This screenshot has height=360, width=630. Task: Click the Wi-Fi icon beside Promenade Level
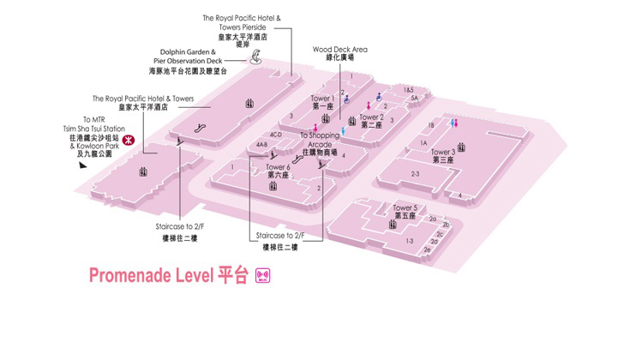point(264,275)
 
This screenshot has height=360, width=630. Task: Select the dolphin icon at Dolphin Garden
point(255,59)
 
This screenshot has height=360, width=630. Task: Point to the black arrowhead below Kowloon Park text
point(82,166)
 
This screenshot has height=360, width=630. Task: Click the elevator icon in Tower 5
point(392,225)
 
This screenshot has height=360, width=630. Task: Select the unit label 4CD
point(276,135)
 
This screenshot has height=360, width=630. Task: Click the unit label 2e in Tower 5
point(427,249)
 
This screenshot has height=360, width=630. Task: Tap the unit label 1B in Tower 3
point(431,125)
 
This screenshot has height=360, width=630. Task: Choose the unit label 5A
point(414,99)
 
